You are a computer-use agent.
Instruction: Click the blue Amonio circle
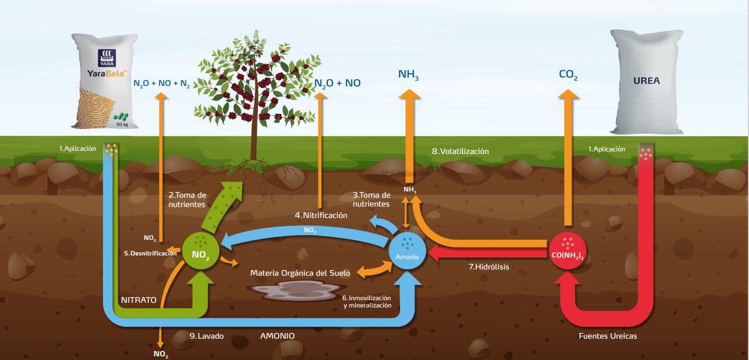[408, 251]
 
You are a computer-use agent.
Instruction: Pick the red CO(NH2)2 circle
[567, 251]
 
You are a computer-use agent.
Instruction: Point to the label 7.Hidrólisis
[489, 267]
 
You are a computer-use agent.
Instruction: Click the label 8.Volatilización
[460, 151]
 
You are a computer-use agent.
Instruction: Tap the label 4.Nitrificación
[321, 215]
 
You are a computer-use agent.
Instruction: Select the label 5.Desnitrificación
[150, 253]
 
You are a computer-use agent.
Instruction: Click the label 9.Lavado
[206, 336]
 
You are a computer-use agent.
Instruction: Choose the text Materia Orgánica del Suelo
[300, 273]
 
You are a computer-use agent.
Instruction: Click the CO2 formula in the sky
[568, 75]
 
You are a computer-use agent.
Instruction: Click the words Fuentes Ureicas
[608, 336]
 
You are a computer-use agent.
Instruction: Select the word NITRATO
[138, 300]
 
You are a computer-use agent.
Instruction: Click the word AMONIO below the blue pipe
[277, 336]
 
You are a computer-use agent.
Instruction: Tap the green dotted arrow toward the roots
[218, 205]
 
